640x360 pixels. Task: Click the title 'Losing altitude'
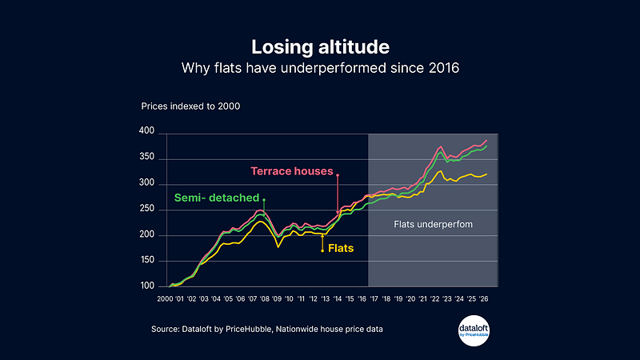321,47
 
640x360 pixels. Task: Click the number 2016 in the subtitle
444,68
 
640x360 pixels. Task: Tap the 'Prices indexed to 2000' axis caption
190,106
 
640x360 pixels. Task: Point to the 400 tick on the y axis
146,130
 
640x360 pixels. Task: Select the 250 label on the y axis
146,209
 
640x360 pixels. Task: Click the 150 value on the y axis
146,260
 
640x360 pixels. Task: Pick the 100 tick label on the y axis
147,286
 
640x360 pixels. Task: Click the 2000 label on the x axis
165,298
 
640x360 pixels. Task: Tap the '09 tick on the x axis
277,298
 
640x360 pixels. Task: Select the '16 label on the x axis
362,298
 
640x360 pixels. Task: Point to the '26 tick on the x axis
483,298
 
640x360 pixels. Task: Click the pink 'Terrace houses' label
292,171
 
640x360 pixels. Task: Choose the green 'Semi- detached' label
217,198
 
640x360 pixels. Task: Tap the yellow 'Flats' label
341,248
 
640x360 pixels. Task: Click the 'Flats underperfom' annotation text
433,225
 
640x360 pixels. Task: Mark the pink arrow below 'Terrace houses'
338,194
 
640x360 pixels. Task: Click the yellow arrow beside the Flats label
322,243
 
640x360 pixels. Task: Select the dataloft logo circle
474,330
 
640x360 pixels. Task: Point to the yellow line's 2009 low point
278,247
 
